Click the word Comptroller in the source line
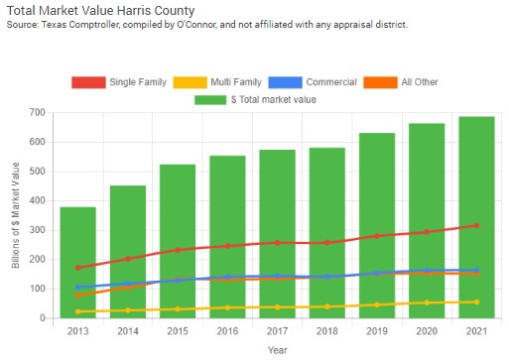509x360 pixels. [104, 24]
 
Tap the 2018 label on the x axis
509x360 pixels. [326, 330]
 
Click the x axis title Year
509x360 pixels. [277, 349]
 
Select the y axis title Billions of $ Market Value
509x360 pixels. [15, 215]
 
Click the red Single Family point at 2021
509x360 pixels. [476, 225]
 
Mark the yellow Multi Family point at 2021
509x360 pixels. [476, 301]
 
